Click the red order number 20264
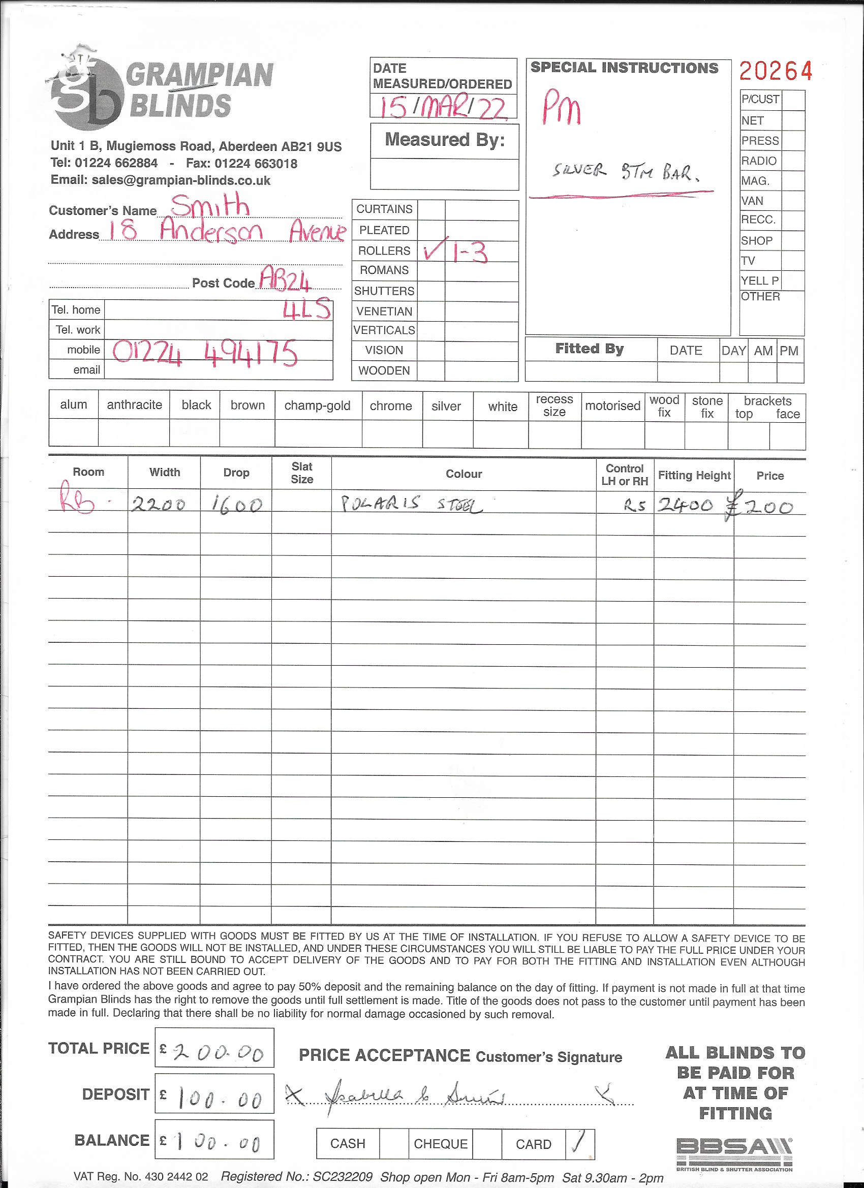[776, 71]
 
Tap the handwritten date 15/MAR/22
[443, 107]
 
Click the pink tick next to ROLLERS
[435, 249]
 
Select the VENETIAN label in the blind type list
[384, 311]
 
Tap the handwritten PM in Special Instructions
[561, 107]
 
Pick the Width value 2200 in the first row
[158, 505]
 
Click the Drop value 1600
[236, 505]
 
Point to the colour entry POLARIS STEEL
[411, 504]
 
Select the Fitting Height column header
[694, 475]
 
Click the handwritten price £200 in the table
[759, 507]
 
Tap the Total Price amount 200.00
[218, 1052]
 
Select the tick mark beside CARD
[579, 1143]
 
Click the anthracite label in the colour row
[134, 405]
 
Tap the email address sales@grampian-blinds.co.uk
[160, 180]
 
